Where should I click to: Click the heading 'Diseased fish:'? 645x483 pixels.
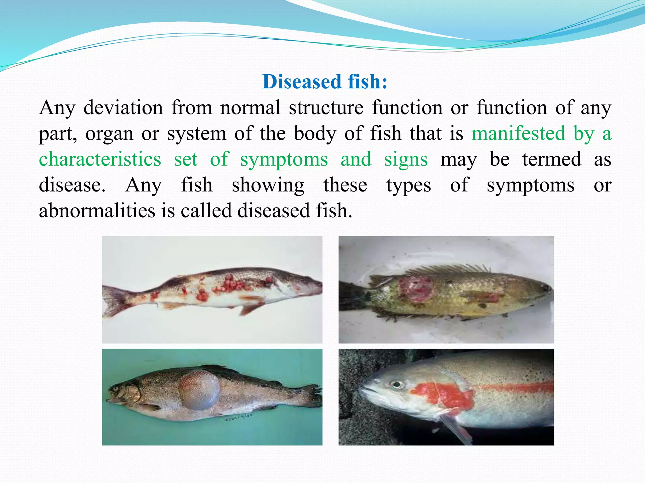[x=325, y=82]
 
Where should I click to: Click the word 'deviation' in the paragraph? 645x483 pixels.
[x=123, y=108]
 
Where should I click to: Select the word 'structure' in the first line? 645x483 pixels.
[x=326, y=108]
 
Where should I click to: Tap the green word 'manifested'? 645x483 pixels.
[x=518, y=133]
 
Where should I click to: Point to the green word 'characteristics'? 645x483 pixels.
[x=100, y=159]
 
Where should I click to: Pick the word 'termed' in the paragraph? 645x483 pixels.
[x=551, y=159]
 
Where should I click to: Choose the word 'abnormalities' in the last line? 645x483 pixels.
[x=97, y=210]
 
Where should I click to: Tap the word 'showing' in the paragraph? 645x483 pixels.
[x=268, y=185]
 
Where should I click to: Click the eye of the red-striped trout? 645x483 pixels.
[x=397, y=385]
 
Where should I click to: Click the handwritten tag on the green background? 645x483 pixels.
[x=238, y=419]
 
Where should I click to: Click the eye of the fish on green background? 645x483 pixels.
[x=115, y=389]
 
